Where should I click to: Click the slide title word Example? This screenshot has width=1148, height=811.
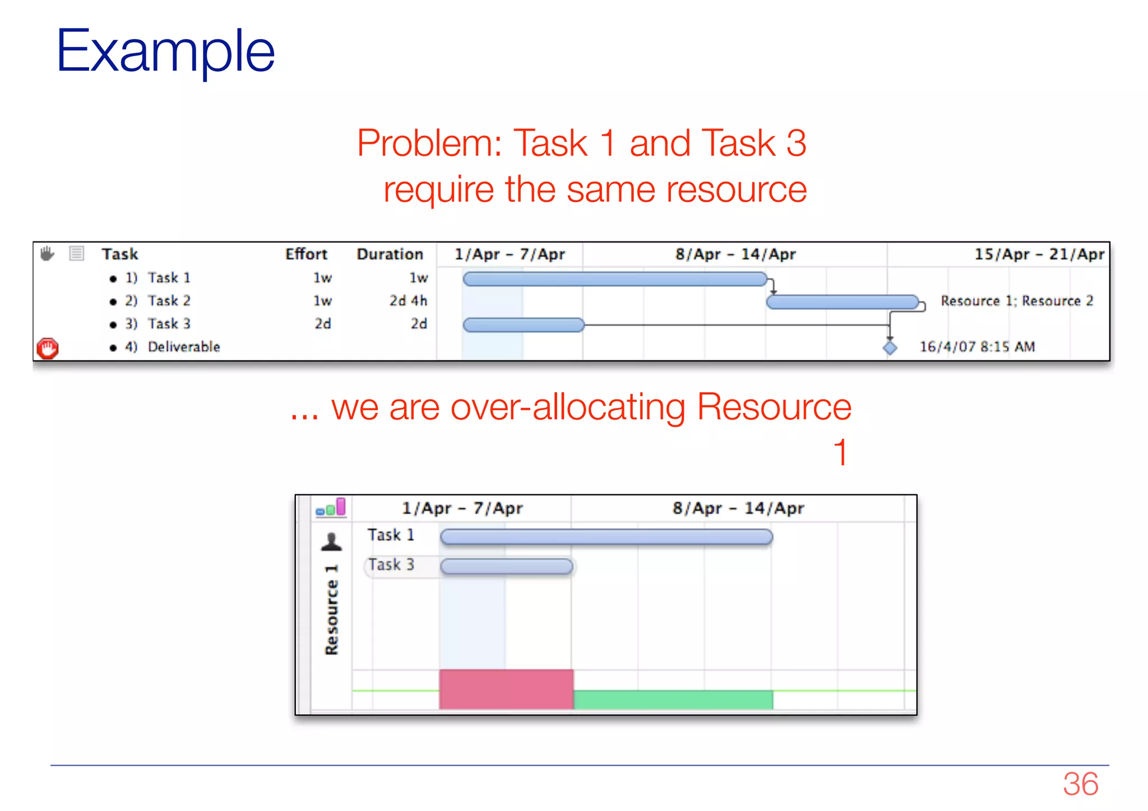(x=165, y=52)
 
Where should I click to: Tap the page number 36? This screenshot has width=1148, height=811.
(x=1080, y=783)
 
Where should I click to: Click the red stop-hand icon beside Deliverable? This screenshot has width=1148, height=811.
(x=48, y=348)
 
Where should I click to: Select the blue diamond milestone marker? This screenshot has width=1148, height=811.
(x=890, y=347)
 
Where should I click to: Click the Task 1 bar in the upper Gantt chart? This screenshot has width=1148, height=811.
(x=615, y=279)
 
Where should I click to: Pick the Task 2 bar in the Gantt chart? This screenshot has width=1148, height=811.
(x=843, y=302)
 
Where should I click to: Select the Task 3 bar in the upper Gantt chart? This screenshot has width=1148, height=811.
(x=524, y=325)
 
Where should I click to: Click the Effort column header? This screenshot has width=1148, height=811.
(x=305, y=254)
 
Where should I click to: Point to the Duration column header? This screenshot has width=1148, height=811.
(x=390, y=254)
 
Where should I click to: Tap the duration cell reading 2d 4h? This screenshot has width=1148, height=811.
(x=408, y=301)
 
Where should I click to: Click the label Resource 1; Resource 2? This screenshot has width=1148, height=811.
(x=1016, y=301)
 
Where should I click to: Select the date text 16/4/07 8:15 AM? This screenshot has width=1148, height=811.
(x=977, y=347)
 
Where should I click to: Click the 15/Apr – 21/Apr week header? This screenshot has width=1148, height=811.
(x=1039, y=254)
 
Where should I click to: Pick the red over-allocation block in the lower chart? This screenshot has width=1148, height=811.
(x=506, y=689)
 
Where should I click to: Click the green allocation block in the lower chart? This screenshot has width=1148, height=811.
(x=673, y=699)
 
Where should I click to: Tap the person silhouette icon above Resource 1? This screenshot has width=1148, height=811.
(x=331, y=541)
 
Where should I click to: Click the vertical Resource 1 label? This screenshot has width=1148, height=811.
(x=331, y=609)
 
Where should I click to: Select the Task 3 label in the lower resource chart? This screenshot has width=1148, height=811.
(x=391, y=565)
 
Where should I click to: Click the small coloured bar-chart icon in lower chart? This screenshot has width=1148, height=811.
(x=331, y=507)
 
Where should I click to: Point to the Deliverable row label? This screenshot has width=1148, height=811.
(x=183, y=347)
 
